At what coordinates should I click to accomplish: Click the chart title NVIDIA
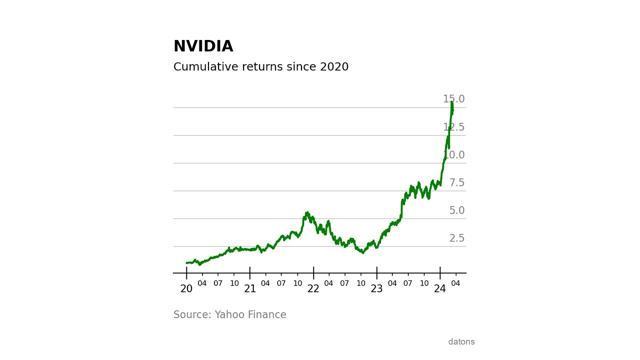[x=203, y=46]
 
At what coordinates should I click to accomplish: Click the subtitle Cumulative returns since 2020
[x=260, y=67]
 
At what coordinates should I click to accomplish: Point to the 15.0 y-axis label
[x=453, y=99]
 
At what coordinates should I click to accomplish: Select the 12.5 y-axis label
[x=453, y=127]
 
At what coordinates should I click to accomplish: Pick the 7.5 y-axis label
[x=456, y=183]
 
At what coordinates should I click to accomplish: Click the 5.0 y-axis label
[x=456, y=210]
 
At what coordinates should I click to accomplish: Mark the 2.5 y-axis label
[x=456, y=238]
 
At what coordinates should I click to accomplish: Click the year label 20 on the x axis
[x=186, y=289]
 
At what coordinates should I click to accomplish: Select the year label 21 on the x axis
[x=250, y=289]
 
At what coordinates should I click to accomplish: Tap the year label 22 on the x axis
[x=313, y=289]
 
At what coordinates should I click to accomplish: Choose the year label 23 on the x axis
[x=376, y=289]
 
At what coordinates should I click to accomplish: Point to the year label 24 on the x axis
[x=440, y=289]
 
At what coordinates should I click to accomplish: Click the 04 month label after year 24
[x=455, y=283]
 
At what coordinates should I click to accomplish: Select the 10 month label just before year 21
[x=234, y=283]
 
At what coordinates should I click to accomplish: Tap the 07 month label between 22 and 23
[x=344, y=283]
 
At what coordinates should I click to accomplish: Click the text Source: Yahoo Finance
[x=229, y=315]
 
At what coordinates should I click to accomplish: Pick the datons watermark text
[x=461, y=342]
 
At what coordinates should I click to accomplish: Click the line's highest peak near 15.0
[x=451, y=102]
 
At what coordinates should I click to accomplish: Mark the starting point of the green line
[x=186, y=262]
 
